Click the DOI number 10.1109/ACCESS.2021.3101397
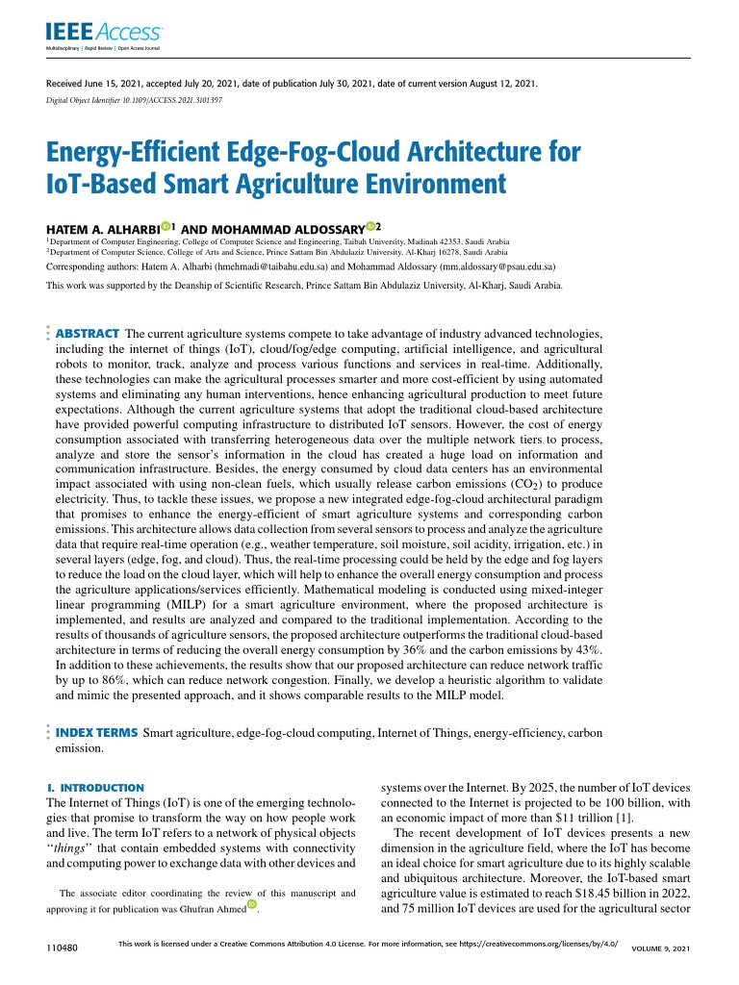pyautogui.click(x=170, y=100)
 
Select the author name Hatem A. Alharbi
pyautogui.click(x=101, y=228)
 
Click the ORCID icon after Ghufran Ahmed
pyautogui.click(x=252, y=903)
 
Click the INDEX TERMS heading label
pyautogui.click(x=96, y=733)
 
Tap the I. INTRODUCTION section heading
pyautogui.click(x=95, y=787)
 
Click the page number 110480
pyautogui.click(x=62, y=948)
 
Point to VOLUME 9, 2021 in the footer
pyautogui.click(x=660, y=949)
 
